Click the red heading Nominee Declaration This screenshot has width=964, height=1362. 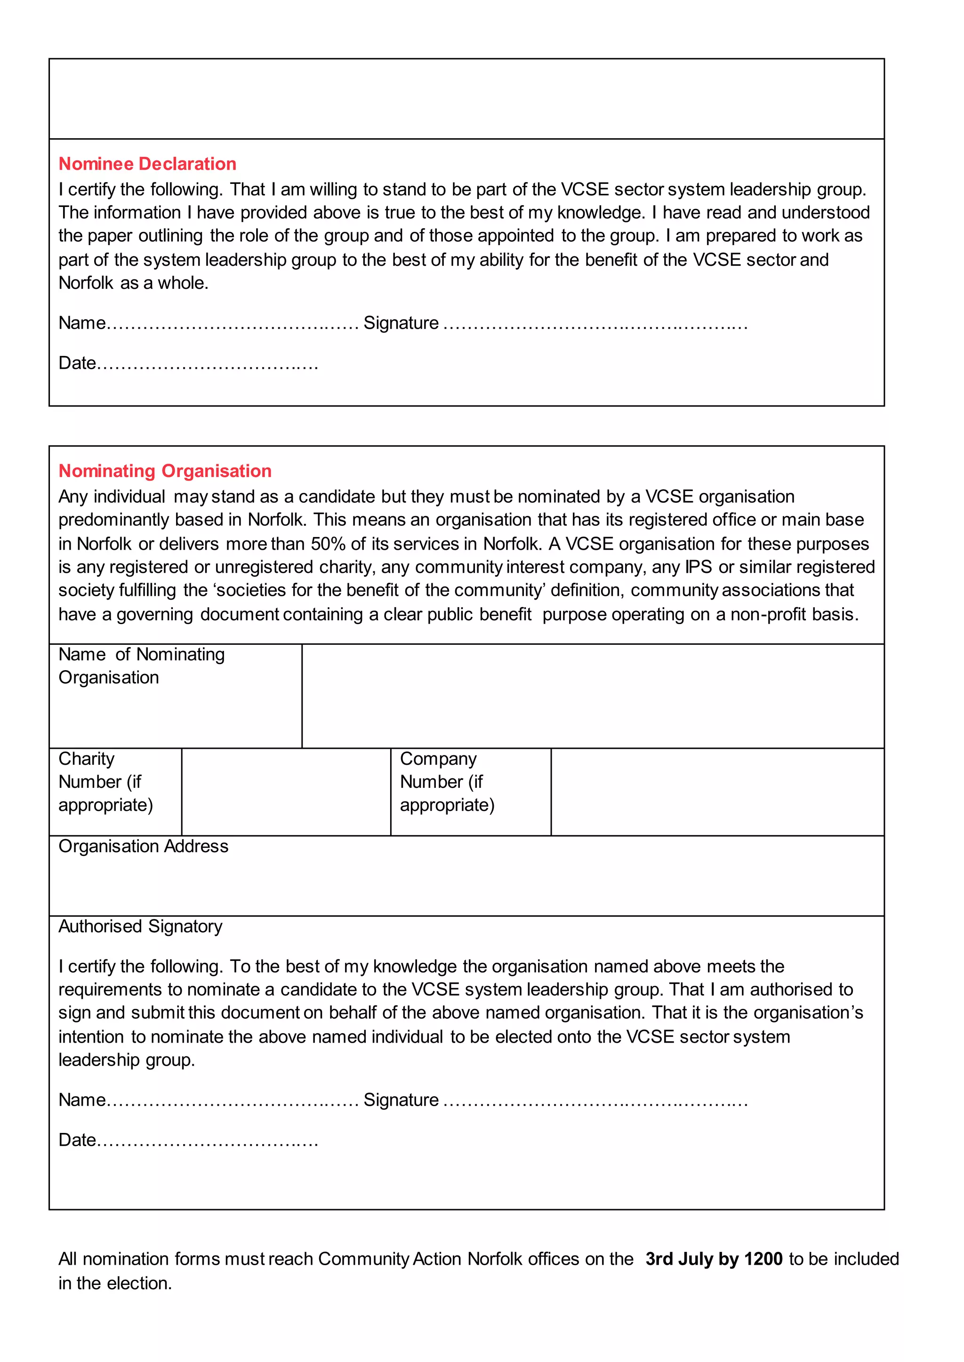coord(147,164)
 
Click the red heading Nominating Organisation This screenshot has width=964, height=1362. coord(165,471)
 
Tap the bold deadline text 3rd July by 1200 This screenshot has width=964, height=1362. coord(714,1259)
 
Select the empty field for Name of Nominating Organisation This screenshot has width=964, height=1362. coord(593,696)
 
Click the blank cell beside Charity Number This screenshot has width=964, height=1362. coord(286,792)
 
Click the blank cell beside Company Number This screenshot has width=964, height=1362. coord(717,792)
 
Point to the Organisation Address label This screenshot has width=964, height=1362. coord(143,846)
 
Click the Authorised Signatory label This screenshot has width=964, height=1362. coord(140,926)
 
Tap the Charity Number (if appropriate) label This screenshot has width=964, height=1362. coord(105,782)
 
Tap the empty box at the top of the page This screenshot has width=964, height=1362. coord(466,98)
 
